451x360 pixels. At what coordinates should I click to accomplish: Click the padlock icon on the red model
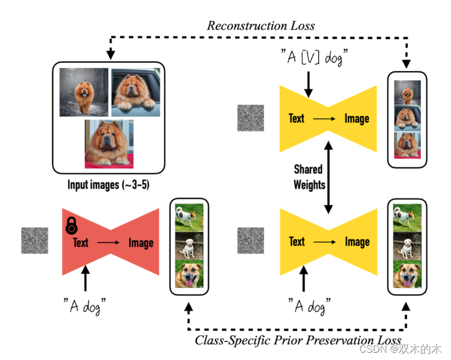[72, 226]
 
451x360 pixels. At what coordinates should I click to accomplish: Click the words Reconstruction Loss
[260, 26]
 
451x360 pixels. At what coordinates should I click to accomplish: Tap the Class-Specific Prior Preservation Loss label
[298, 340]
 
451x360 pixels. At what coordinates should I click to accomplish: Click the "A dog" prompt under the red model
[89, 306]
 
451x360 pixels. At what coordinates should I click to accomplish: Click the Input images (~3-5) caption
[110, 185]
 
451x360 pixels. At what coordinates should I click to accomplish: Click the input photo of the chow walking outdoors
[83, 92]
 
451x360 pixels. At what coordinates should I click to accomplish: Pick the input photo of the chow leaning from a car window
[135, 92]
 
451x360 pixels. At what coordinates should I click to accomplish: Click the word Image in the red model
[140, 242]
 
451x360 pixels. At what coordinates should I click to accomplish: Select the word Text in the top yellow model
[297, 118]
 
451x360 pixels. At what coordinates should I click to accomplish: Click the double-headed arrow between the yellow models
[328, 177]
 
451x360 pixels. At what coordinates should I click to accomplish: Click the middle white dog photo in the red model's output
[188, 246]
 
